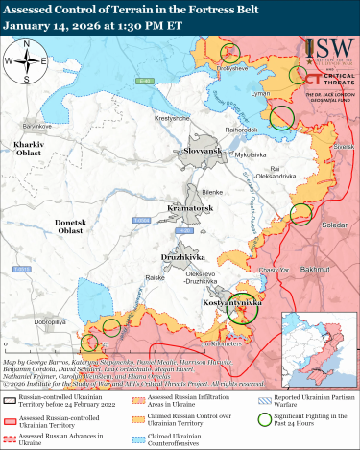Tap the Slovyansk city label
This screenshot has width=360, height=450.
click(x=177, y=151)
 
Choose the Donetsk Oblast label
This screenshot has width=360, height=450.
click(x=44, y=226)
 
